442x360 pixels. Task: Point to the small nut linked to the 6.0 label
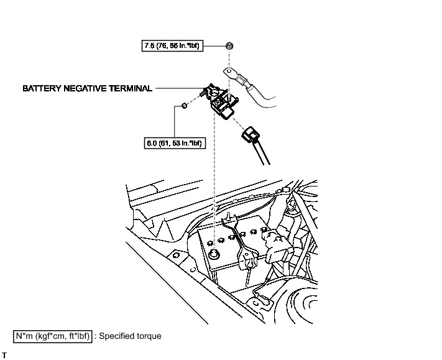[x=185, y=107]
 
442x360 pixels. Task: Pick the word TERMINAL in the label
[x=131, y=89]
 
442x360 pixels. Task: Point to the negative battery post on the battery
[x=214, y=255]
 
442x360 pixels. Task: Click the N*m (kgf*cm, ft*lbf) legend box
[x=54, y=336]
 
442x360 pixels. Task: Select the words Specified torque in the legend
[x=131, y=336]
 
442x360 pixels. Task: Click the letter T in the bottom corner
[x=4, y=355]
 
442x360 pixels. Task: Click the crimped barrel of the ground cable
[x=244, y=82]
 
